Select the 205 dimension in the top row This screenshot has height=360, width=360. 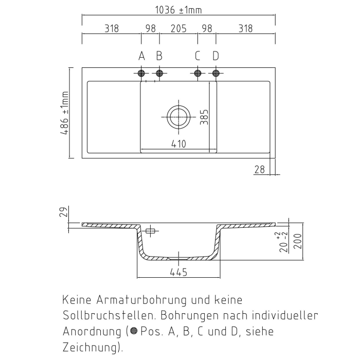[178, 29]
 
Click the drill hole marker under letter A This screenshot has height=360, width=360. [141, 73]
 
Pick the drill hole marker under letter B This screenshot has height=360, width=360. [159, 73]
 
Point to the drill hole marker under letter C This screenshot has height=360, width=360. [197, 73]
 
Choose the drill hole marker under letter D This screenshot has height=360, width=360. [215, 73]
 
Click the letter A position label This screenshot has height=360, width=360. [141, 56]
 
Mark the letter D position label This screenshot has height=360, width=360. [215, 56]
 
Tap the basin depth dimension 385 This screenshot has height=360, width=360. [204, 117]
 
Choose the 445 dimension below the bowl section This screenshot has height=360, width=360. [178, 272]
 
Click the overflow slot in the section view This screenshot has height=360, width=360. [150, 231]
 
